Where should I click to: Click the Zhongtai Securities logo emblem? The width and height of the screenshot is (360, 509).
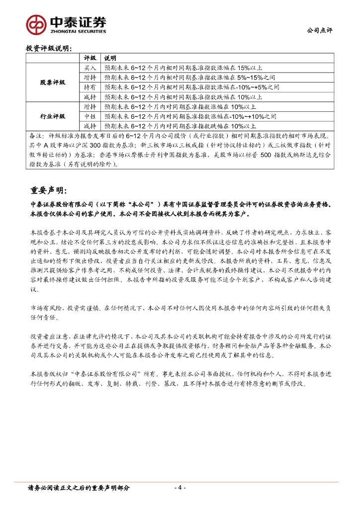36,23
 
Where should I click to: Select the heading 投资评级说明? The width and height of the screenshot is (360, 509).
48,48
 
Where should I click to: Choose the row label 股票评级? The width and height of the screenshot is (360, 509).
52,82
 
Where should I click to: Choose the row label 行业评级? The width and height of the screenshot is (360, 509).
52,116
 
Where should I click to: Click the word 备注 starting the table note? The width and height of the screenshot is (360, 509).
36,135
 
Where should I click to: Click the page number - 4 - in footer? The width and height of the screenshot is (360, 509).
180,488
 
